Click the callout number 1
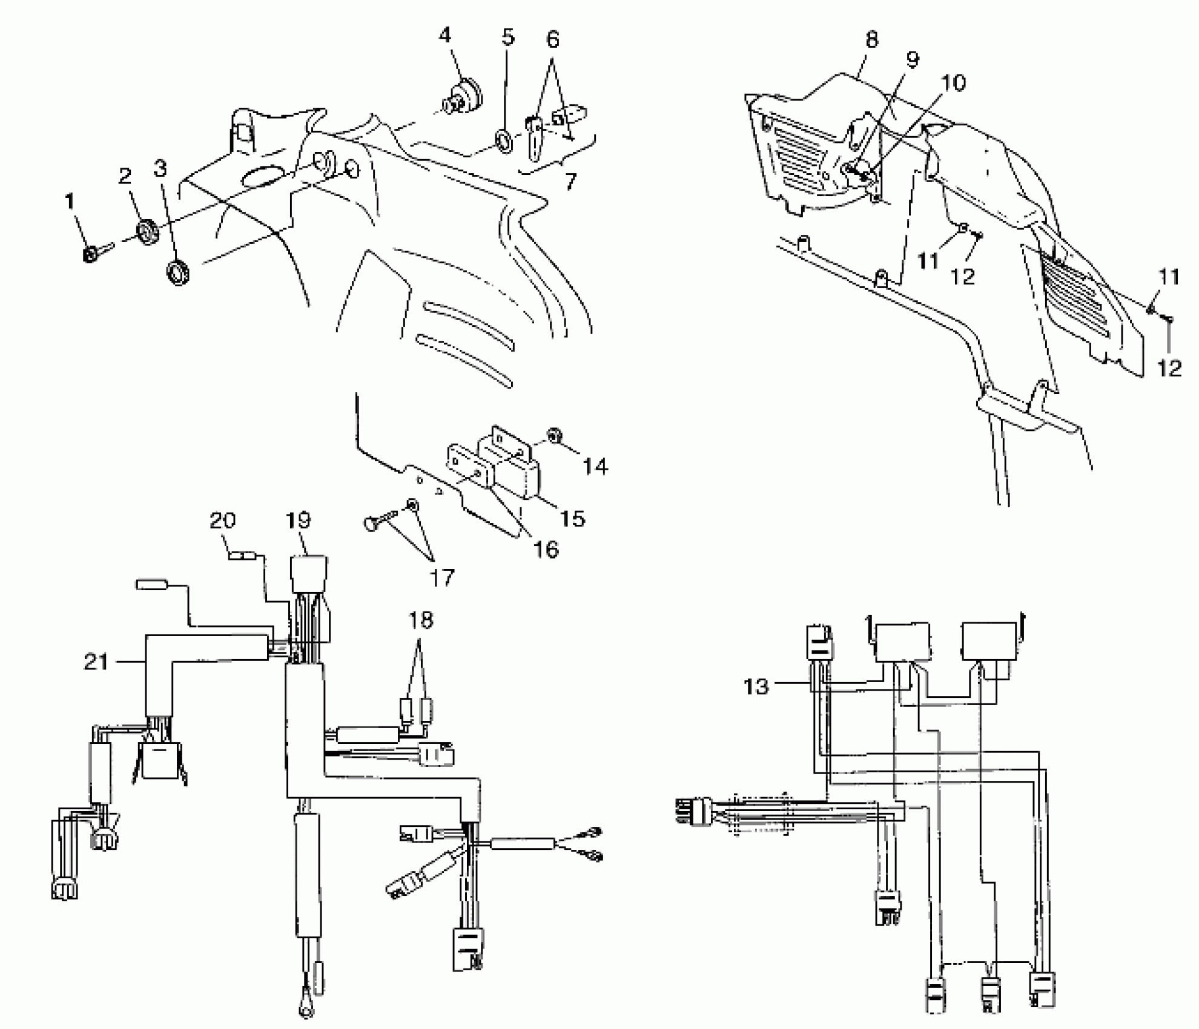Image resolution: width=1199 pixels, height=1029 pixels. [x=70, y=201]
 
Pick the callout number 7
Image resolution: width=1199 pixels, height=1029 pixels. [x=570, y=181]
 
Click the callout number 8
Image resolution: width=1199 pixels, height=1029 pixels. [x=871, y=40]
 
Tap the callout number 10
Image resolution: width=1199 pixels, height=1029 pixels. [x=954, y=83]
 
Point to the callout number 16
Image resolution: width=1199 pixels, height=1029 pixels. [x=546, y=549]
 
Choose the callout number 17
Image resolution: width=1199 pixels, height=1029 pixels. [x=441, y=577]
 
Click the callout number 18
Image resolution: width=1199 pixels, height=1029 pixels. [x=421, y=620]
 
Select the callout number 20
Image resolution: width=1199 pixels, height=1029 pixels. [x=223, y=520]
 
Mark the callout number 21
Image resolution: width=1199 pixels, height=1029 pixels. [x=96, y=662]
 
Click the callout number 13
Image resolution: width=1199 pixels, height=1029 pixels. [x=756, y=686]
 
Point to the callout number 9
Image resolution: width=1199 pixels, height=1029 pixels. [x=912, y=59]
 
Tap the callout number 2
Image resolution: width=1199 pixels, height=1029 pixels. [x=125, y=176]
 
